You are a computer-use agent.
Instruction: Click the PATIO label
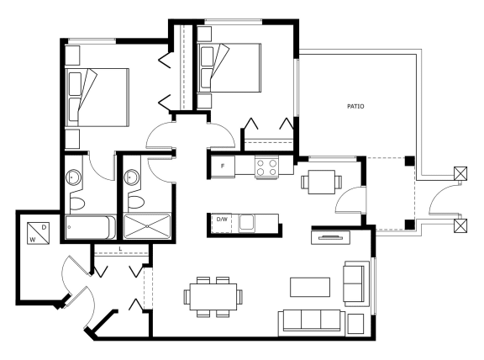tap(355, 106)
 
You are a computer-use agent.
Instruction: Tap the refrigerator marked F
tap(223, 167)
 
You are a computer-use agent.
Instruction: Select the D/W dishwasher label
tap(222, 220)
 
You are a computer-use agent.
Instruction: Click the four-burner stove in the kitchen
tap(266, 167)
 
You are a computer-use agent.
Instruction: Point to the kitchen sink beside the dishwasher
tap(247, 222)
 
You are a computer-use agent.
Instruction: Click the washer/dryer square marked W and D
tap(39, 233)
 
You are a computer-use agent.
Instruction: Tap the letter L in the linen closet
tap(120, 248)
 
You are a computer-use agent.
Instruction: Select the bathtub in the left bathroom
tap(91, 227)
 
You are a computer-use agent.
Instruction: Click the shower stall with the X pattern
tap(147, 226)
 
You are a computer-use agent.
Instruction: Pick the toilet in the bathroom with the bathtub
tap(77, 204)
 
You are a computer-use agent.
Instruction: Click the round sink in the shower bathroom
tap(132, 177)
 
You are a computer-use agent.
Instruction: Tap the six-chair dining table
tap(213, 297)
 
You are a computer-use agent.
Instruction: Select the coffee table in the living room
tap(310, 287)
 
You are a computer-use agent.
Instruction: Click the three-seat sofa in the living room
tap(312, 323)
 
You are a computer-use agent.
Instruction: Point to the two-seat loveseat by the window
tap(356, 284)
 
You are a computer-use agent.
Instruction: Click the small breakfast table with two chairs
tap(322, 182)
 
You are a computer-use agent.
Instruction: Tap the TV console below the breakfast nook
tap(330, 238)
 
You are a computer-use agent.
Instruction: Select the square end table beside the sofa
tap(355, 324)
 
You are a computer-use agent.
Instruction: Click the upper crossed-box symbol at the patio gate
tap(460, 173)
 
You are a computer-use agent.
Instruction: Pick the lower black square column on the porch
tap(409, 225)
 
